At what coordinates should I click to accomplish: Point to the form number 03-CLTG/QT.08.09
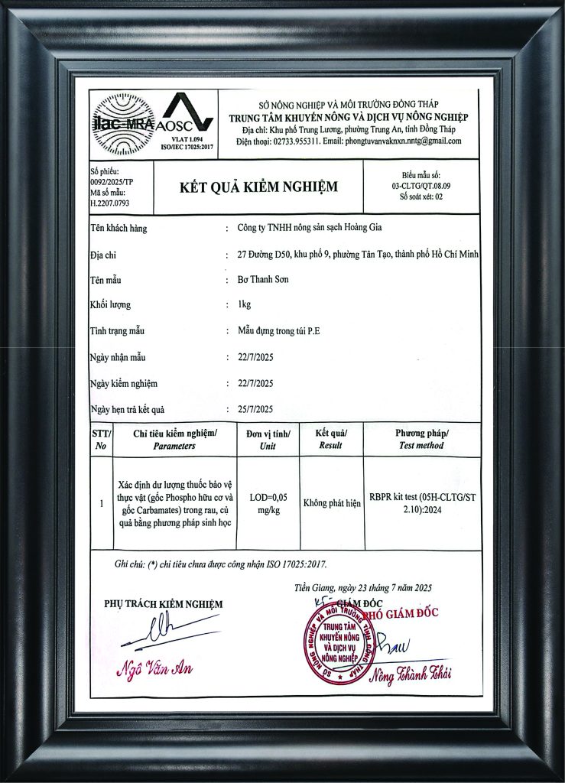pyautogui.click(x=421, y=186)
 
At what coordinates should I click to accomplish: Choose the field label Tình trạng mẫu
pyautogui.click(x=116, y=331)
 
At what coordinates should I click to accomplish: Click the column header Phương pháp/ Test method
pyautogui.click(x=421, y=439)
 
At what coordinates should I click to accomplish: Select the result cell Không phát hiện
pyautogui.click(x=331, y=503)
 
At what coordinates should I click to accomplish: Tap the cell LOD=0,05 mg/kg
pyautogui.click(x=268, y=503)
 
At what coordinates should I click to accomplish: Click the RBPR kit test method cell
pyautogui.click(x=421, y=503)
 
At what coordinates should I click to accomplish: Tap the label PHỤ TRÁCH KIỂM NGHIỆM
pyautogui.click(x=163, y=604)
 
